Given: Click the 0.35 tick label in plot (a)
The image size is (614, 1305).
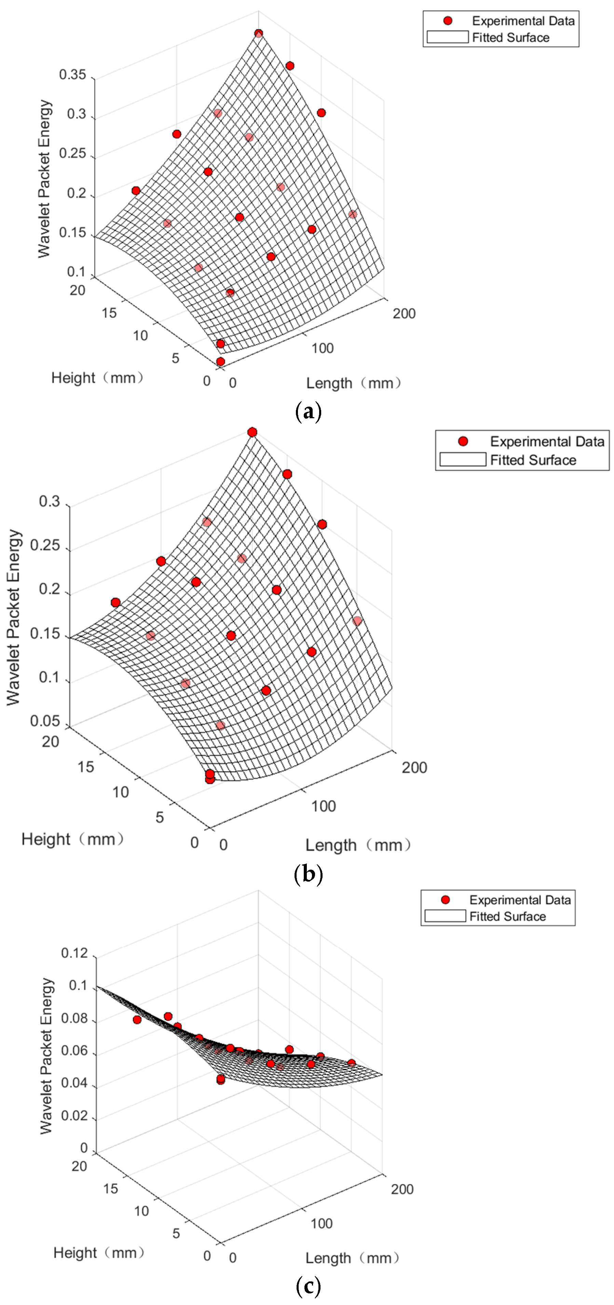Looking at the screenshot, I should (x=72, y=75).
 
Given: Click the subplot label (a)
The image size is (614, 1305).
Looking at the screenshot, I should (x=308, y=412).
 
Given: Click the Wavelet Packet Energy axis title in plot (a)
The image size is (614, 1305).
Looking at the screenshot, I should (x=44, y=178).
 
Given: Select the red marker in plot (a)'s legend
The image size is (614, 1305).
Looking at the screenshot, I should (x=447, y=21).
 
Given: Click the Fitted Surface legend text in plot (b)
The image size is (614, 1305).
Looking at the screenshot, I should (x=533, y=460).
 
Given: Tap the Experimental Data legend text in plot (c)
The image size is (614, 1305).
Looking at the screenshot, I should (x=520, y=900).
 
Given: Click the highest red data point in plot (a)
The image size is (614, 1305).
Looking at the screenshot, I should (x=258, y=33).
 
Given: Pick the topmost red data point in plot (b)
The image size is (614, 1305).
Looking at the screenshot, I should (x=252, y=432).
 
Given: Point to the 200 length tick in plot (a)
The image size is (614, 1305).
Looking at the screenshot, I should (x=404, y=314).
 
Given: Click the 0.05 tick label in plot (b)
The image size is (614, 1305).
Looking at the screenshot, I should (x=45, y=721).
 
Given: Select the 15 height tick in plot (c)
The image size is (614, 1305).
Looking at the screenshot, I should (x=110, y=1188).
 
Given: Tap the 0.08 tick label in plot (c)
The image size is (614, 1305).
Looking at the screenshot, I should (x=74, y=1018).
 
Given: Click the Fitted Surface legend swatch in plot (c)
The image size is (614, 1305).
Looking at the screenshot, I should (x=445, y=916).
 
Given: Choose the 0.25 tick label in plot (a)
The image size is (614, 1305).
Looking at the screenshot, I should (x=72, y=153).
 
